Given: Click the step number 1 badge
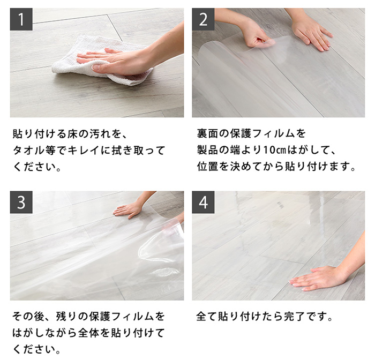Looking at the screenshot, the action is [x=21, y=19].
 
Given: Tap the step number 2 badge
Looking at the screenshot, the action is [x=203, y=19].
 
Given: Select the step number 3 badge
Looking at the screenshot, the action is [x=21, y=202].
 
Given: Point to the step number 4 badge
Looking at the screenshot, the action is [x=203, y=202].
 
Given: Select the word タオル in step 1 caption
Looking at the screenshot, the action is [x=29, y=150].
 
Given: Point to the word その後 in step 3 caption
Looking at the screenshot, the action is [x=29, y=316].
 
